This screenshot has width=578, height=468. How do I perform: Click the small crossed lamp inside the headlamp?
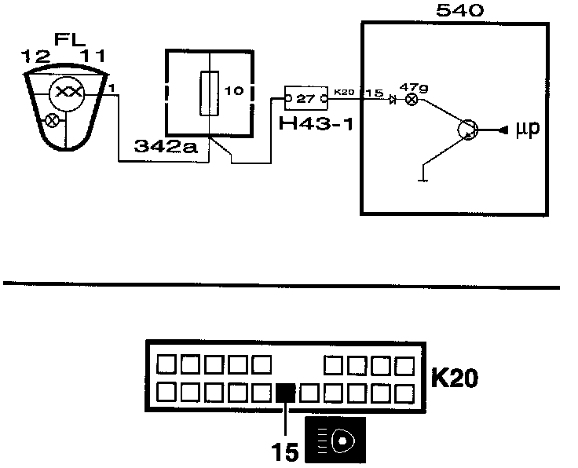52,121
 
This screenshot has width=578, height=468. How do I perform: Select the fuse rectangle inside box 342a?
210,93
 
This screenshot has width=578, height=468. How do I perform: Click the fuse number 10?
234,91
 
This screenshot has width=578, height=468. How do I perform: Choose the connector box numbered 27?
305,98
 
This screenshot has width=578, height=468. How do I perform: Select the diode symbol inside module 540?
392,100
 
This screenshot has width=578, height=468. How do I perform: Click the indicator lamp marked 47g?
410,101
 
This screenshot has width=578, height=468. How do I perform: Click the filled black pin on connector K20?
285,391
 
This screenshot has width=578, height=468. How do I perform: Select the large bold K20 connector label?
456,378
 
